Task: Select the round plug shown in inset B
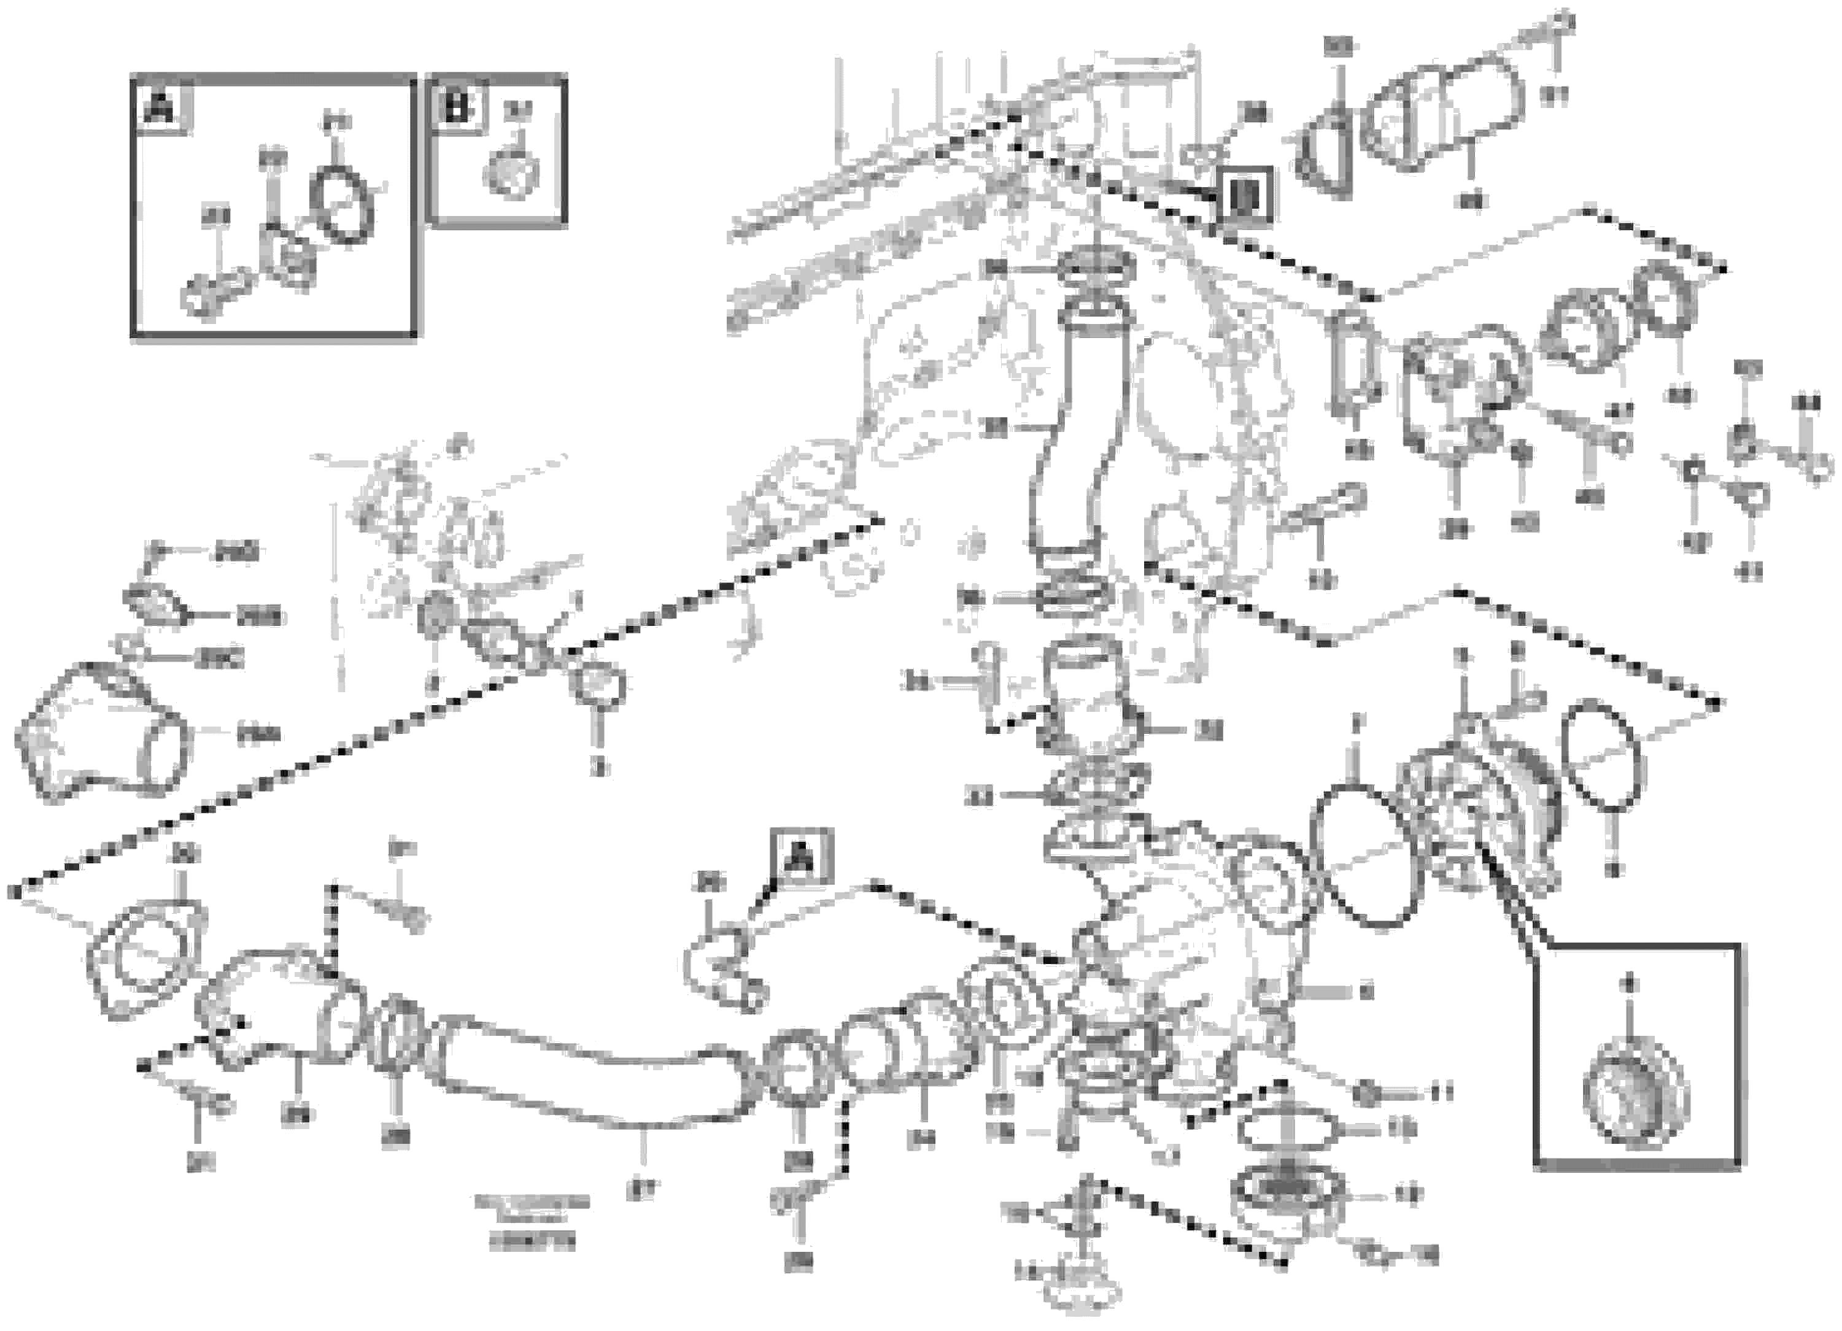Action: [x=511, y=172]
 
